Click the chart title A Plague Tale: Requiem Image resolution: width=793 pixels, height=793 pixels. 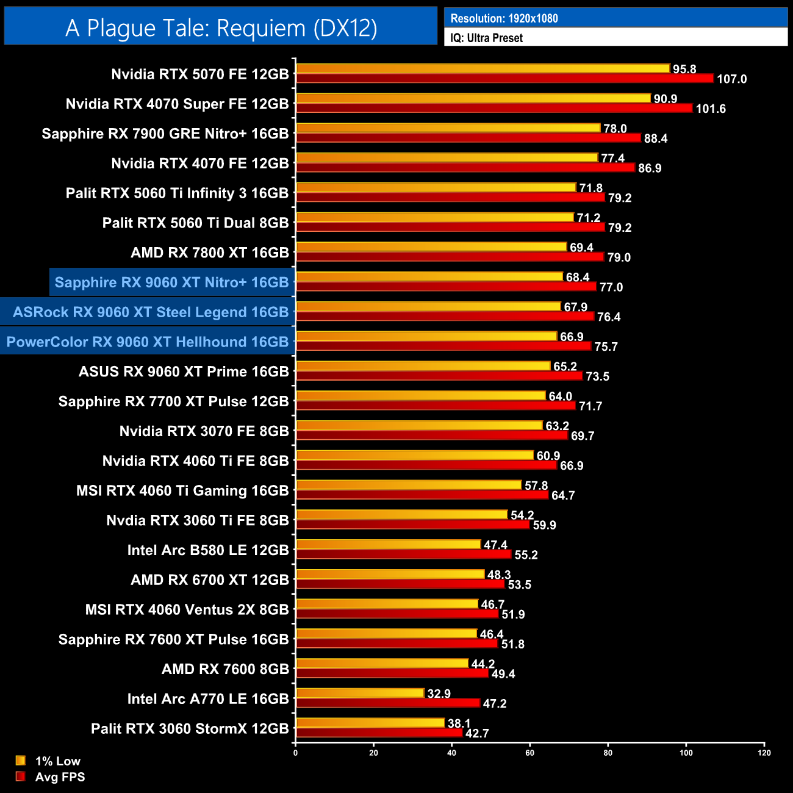coord(221,28)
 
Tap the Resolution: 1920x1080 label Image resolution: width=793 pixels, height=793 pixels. coord(504,18)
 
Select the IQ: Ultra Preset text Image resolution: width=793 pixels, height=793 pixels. coord(486,38)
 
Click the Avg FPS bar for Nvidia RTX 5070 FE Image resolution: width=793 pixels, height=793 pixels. coord(504,78)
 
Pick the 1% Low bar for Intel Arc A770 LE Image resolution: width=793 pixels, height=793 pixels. coord(360,693)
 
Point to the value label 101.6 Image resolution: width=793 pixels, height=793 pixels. coord(711,109)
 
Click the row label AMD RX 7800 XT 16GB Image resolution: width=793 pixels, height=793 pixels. coord(209,253)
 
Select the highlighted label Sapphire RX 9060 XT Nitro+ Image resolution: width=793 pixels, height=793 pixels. coord(171,282)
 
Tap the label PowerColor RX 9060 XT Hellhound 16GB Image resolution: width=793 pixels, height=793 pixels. coord(147,342)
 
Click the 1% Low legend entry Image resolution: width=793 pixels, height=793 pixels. coord(49,761)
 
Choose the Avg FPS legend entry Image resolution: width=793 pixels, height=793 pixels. coord(51,777)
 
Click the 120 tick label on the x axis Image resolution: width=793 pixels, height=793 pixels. coord(764,753)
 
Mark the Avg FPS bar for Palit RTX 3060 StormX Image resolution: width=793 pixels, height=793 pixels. coord(379,733)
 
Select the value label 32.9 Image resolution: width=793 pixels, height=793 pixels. coord(439,694)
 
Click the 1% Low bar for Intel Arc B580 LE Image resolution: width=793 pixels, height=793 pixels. coord(388,544)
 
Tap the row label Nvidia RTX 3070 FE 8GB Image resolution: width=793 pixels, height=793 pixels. coord(204,431)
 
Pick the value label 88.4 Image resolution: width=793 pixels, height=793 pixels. coord(655,138)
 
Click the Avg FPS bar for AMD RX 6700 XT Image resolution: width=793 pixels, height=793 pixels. coord(400,584)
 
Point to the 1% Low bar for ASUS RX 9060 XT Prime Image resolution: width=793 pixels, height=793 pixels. coord(423,366)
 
